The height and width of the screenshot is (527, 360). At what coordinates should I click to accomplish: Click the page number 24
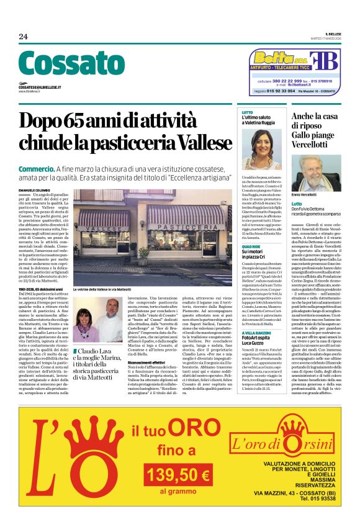(x=24, y=37)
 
